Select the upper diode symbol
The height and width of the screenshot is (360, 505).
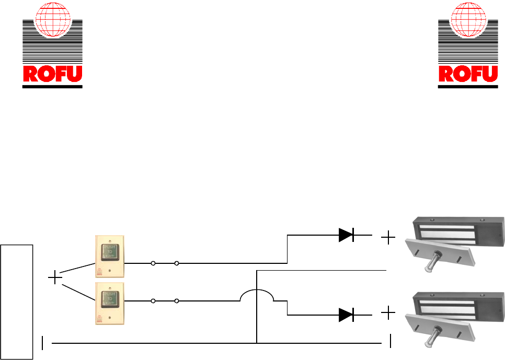coord(346,236)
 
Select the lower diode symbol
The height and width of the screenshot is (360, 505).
coord(346,315)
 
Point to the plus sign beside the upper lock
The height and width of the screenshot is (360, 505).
coord(388,239)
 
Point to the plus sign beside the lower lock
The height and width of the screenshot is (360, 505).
coord(388,313)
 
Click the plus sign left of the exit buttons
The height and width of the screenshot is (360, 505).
coord(55,278)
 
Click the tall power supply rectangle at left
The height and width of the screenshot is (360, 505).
coord(17,301)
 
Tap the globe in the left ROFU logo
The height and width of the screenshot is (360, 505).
coord(52,21)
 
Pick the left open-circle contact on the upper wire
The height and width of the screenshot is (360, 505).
coord(153,264)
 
